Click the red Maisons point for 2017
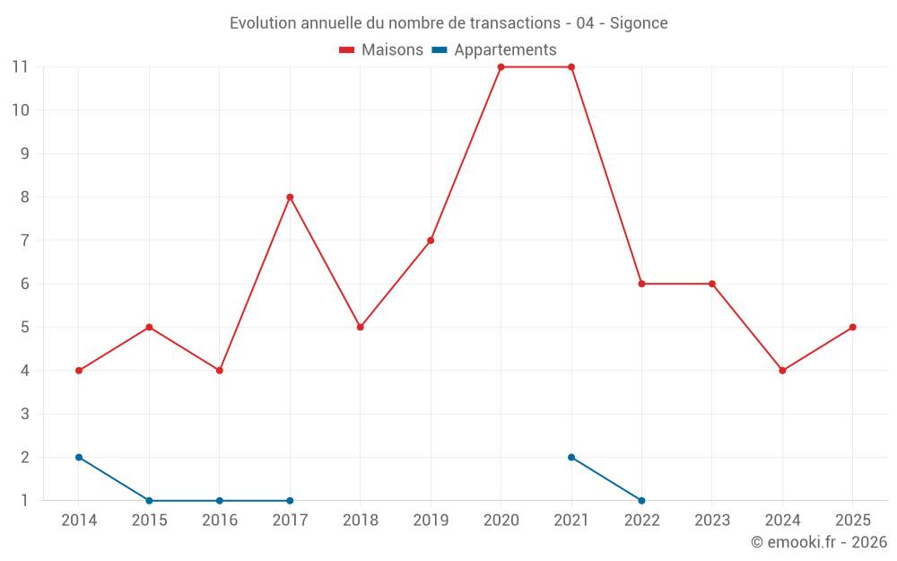(290, 197)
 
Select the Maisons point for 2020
(501, 67)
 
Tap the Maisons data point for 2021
(571, 67)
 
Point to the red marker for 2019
(431, 241)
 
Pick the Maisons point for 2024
(782, 371)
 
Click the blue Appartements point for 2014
(79, 458)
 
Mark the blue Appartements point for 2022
(642, 501)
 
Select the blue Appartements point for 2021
(571, 458)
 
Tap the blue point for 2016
(220, 501)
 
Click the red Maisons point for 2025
(853, 328)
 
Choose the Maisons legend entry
(381, 49)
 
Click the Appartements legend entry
(494, 49)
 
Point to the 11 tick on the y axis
(21, 67)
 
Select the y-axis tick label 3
(24, 414)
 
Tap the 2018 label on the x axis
(361, 520)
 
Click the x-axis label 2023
(712, 520)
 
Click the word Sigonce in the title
(639, 23)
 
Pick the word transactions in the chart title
(515, 23)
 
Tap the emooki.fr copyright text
(819, 541)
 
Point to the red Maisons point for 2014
(79, 371)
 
